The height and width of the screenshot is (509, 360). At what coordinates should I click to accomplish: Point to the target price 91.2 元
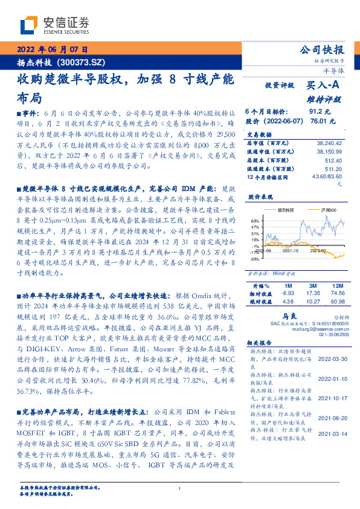(x=319, y=112)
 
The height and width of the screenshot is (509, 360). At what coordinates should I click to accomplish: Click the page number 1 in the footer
(x=179, y=488)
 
